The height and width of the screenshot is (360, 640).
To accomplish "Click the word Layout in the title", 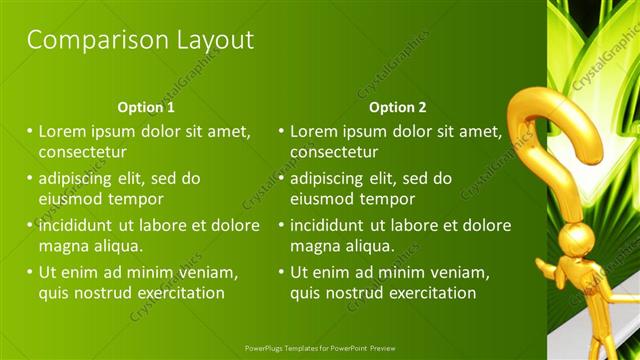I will click(x=212, y=40).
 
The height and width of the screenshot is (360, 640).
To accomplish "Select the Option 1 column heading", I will click(x=146, y=107).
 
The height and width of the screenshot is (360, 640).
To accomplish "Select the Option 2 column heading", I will click(x=397, y=107).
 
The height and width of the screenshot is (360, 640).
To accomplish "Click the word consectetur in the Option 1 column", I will click(x=82, y=152).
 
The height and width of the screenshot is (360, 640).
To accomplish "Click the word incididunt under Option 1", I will click(x=79, y=225).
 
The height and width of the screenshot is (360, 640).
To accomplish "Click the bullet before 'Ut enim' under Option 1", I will click(x=30, y=272).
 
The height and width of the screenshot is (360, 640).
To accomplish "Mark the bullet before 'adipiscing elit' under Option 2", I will click(x=281, y=178).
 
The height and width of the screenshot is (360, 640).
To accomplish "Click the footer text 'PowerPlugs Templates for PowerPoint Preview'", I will click(x=320, y=348).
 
